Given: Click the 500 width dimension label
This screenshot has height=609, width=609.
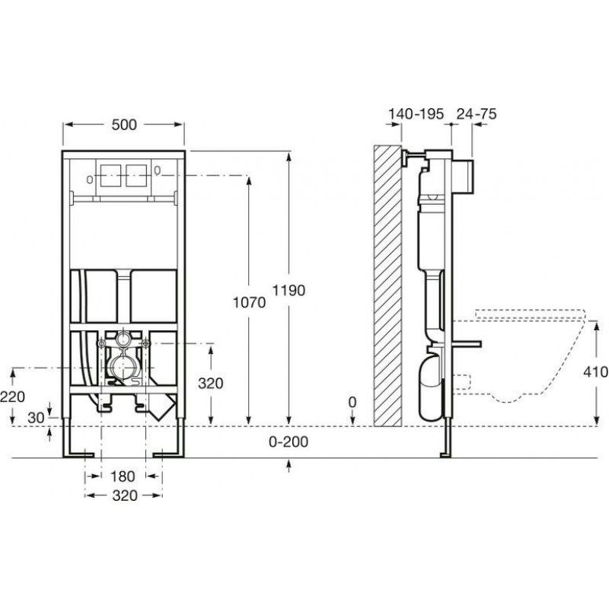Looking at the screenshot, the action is click(124, 125).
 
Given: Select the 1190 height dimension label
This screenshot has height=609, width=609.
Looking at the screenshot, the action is click(289, 290).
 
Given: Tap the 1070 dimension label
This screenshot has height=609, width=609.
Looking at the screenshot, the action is click(249, 302).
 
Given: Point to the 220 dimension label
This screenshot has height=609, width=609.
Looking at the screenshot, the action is click(12, 397).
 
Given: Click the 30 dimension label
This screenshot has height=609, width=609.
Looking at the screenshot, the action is click(36, 417).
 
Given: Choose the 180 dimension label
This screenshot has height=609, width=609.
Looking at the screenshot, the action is click(123, 477).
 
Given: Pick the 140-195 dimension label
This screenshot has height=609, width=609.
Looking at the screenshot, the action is click(416, 113).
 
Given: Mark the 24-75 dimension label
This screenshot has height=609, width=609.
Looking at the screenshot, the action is click(477, 113).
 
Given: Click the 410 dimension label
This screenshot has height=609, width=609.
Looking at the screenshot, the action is click(596, 371).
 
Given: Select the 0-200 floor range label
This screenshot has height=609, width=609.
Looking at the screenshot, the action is click(289, 442).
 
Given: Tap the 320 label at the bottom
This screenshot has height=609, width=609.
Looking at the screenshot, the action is click(125, 496).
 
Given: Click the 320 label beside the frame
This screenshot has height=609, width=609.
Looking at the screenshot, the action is click(211, 384).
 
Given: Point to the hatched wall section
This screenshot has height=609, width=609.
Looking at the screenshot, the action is click(387, 286).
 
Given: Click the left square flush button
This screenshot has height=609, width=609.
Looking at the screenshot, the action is click(110, 176).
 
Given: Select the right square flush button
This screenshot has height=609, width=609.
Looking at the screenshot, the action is click(136, 176).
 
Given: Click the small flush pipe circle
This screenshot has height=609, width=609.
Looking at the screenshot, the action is click(124, 339).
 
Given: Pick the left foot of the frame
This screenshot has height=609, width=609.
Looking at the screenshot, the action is click(78, 454).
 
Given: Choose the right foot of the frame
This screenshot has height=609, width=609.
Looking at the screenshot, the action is click(169, 454).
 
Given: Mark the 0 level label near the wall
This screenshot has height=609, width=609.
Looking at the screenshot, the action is click(352, 403).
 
